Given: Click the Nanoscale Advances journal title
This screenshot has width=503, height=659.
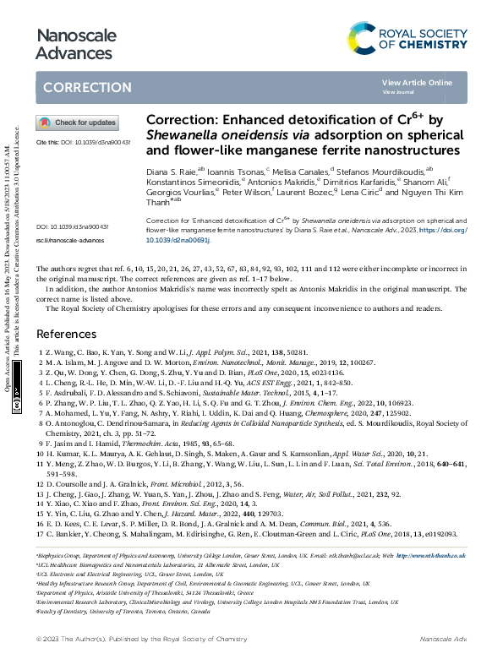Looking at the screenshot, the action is point(72,44).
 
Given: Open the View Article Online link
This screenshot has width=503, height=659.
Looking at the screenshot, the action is point(417,82).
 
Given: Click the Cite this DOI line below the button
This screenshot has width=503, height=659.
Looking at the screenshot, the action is point(83,143).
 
